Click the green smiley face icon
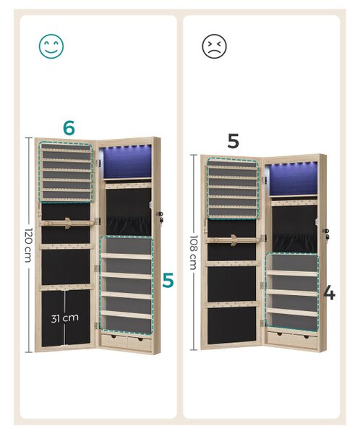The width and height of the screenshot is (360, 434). click(x=51, y=46)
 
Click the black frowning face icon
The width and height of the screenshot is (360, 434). click(x=214, y=46)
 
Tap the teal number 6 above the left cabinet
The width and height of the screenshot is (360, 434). click(x=69, y=128)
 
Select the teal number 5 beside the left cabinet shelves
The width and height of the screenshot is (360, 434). click(x=168, y=280)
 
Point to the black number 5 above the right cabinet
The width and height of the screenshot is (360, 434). click(x=233, y=141)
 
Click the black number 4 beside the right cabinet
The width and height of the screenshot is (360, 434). click(x=330, y=293)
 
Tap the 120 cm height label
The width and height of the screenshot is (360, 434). click(x=29, y=245)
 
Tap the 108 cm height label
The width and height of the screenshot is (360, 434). click(x=194, y=252)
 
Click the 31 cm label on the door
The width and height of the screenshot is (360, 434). click(x=65, y=318)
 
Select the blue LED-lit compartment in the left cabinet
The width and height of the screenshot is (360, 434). click(x=127, y=161)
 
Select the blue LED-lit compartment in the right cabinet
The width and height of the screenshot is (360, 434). click(x=293, y=179)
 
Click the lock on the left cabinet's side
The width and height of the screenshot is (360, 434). click(x=160, y=217)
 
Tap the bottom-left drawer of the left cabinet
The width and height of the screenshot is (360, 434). click(x=114, y=341)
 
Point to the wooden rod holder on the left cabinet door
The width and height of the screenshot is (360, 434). click(x=67, y=223)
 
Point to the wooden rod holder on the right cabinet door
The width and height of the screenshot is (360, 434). click(x=233, y=239)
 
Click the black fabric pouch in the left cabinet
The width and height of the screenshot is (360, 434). click(x=129, y=226)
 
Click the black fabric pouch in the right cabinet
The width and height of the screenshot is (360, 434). click(x=294, y=243)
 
